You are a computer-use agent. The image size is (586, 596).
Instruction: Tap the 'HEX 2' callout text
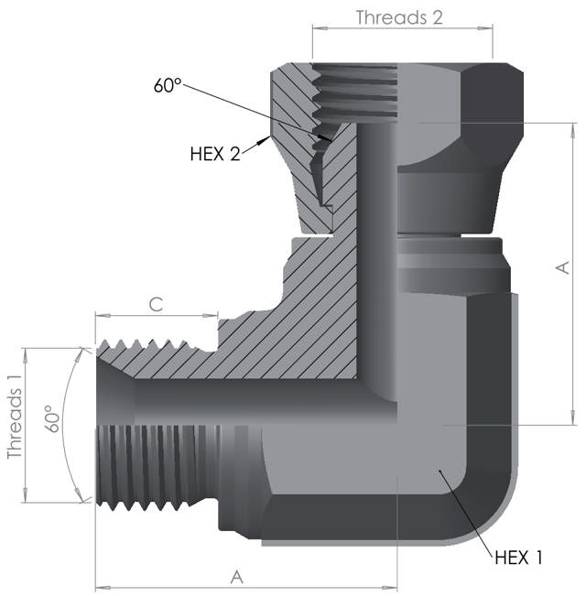coord(214,154)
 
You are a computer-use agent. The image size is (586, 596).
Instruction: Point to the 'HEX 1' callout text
coord(519,557)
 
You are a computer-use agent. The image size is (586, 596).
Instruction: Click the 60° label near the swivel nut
coord(168,87)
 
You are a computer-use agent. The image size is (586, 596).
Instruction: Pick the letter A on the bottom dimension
coord(237,577)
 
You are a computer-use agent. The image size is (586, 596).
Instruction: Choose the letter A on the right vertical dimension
coord(562,267)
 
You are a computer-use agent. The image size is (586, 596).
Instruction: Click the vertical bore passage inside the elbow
coord(376,256)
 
